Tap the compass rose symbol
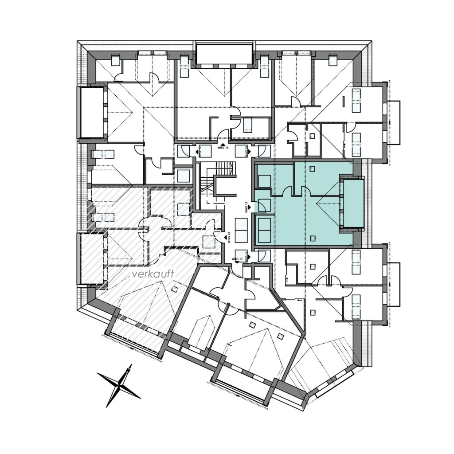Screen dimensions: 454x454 [119, 385]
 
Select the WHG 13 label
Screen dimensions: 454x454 [223, 148]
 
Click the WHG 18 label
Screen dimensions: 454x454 [229, 239]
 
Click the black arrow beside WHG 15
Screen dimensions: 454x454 [249, 207]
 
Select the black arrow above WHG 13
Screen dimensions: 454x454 [223, 144]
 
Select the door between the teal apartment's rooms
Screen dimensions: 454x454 [287, 191]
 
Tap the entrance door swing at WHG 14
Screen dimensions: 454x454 [263, 151]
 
